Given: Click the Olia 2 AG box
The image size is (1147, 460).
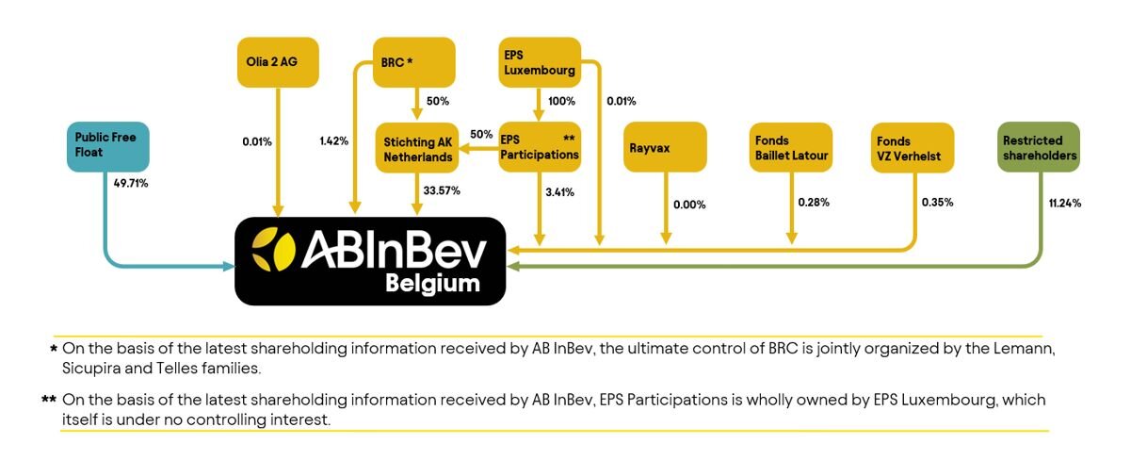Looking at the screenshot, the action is pos(278,62).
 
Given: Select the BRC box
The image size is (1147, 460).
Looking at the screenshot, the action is pos(413,62).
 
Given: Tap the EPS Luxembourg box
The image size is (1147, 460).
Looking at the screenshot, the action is pos(540,62).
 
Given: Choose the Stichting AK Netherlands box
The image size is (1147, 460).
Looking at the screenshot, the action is pos(417,148).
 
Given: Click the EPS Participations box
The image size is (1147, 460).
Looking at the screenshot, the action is pos(540,147).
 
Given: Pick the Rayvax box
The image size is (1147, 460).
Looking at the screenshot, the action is pos(665,147).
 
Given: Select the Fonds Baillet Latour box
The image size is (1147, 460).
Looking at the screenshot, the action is pos(791,147).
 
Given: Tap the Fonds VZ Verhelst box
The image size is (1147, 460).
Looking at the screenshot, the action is pos(913,148).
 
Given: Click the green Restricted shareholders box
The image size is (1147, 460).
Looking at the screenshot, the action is pos(1039,147).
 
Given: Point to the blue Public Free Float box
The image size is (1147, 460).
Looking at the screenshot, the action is pos(108,147).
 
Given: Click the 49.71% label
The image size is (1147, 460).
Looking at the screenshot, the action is pos(131,183).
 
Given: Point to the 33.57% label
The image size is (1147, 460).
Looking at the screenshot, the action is pos(442,190).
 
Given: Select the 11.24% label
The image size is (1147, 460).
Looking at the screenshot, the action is pos(1064,203).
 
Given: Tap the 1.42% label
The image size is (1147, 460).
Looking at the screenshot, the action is pos(334,141).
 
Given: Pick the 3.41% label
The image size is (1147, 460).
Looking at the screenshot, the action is pos(559,192).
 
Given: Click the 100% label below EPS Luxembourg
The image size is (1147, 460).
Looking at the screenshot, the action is pos(561,101).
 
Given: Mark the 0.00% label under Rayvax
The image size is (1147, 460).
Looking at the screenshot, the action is pos(689,205).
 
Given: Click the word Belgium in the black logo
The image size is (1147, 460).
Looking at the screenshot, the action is pos(432,284).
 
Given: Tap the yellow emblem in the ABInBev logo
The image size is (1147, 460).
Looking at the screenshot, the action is pos(273,249).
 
